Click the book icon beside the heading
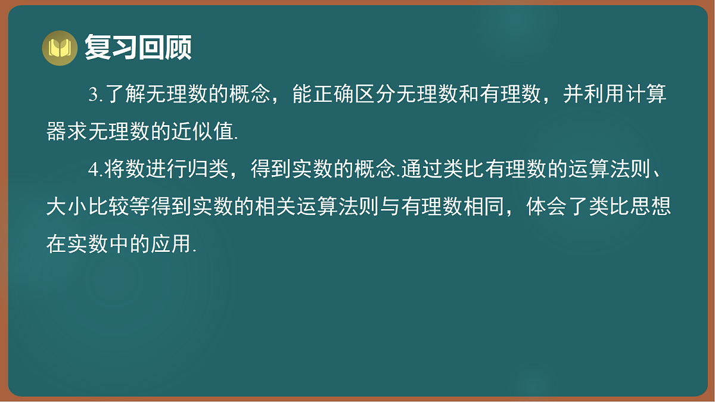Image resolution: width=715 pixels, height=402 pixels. click(x=60, y=48)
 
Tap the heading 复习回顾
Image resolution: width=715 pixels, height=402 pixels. click(x=138, y=47)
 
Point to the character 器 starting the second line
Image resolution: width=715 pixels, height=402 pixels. click(x=57, y=132)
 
